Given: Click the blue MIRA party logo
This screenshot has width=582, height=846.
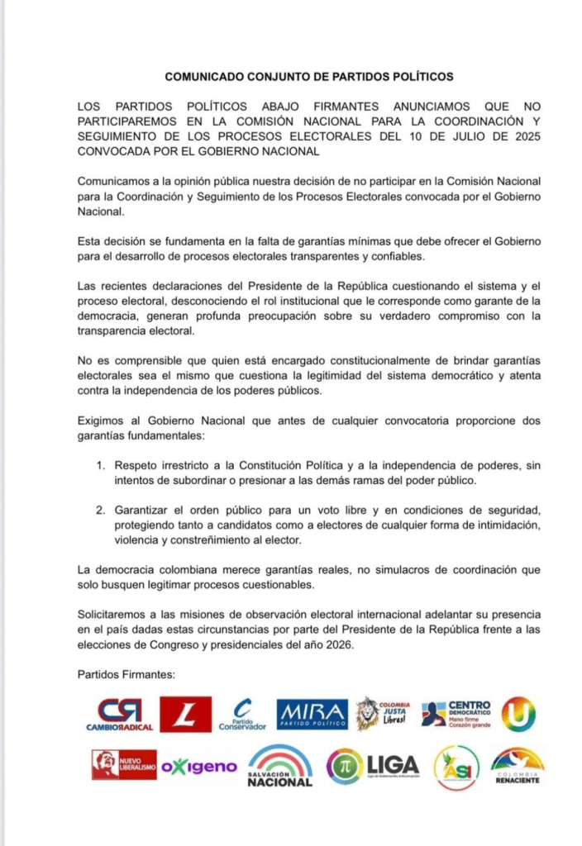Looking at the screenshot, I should (312, 714).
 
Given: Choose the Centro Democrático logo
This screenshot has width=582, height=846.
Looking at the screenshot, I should (456, 714).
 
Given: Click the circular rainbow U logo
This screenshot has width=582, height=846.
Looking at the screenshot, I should (518, 714).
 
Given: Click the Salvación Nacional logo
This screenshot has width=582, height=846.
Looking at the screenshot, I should (280, 767).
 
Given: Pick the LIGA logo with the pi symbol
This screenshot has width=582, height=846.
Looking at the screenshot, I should (372, 766).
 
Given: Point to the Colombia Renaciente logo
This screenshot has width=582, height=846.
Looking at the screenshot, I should (517, 766).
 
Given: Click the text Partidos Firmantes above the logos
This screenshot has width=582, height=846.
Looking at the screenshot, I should (126, 674).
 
